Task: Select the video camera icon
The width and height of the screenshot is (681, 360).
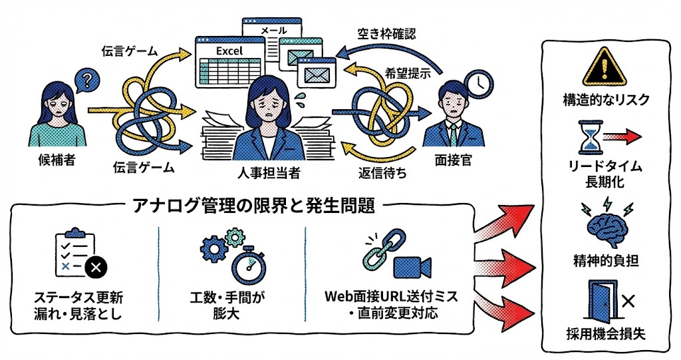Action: coord(413,265)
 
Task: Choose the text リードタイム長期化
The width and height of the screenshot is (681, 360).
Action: coord(605,173)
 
